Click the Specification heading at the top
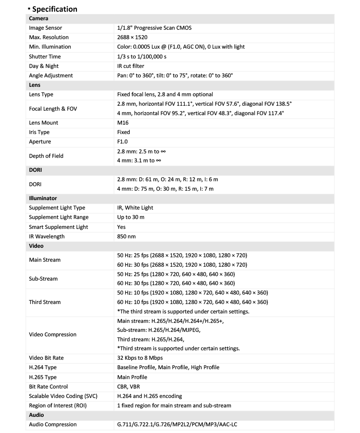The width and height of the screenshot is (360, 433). point(54,9)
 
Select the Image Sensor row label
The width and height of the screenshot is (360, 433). point(47,28)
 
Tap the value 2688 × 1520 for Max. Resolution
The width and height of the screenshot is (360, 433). point(132,37)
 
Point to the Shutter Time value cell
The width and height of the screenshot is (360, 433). point(142,57)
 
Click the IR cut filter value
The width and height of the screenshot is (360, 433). point(130,66)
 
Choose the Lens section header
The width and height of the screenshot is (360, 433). point(35,85)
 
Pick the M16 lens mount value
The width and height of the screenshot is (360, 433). point(123,123)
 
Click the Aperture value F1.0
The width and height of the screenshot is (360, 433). point(123,142)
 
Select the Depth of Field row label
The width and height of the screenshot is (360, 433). point(46,156)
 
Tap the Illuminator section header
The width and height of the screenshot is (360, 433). point(43,198)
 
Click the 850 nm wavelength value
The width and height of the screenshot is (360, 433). point(126,237)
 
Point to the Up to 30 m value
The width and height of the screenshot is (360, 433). point(131,217)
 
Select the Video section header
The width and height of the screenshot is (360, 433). point(36,246)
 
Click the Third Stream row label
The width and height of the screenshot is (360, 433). point(45,302)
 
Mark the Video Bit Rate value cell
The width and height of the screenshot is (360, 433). point(139,358)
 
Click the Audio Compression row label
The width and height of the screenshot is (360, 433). point(53,424)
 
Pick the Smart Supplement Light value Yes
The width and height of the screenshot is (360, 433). point(121,227)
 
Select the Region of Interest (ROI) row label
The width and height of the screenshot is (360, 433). point(58,406)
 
